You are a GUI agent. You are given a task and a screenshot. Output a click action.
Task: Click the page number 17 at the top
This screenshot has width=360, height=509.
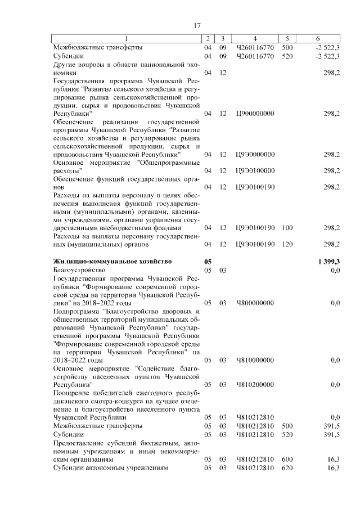[197, 25]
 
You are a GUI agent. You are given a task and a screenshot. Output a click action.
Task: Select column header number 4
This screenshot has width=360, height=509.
[255, 38]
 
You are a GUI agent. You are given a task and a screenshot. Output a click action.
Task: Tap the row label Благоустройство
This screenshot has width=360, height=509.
[75, 270]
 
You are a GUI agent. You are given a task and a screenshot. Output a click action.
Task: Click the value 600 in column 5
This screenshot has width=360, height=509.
[287, 460]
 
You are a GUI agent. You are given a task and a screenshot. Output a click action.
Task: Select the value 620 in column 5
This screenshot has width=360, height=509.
[287, 468]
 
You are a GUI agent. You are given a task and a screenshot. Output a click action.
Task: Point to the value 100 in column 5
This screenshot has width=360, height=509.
[287, 228]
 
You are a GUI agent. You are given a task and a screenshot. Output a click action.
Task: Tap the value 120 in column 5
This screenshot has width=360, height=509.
[287, 244]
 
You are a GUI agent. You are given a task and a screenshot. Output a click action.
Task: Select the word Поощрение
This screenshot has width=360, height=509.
[71, 393]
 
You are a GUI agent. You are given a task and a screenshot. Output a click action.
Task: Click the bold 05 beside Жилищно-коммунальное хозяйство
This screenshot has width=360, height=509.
[208, 262]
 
